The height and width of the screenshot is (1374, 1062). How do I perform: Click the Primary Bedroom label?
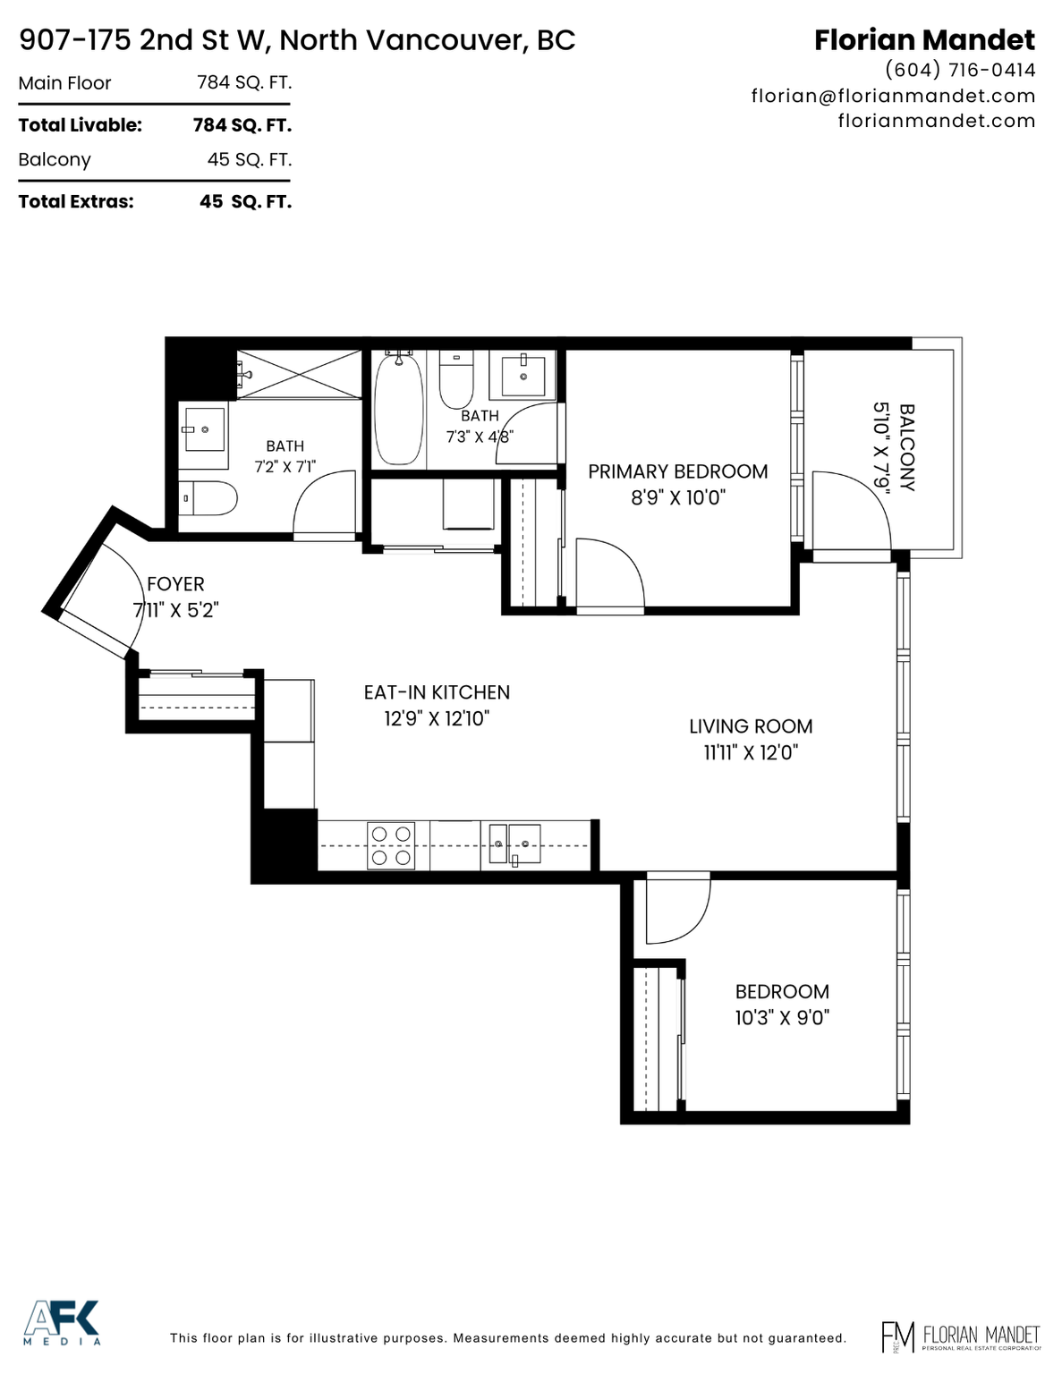[677, 471]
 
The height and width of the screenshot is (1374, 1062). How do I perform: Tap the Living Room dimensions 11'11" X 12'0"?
[751, 752]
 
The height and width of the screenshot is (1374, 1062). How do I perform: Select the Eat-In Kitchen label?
[437, 692]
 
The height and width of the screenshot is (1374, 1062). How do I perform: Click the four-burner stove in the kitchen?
[391, 845]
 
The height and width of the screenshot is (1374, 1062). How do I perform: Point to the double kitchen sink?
[514, 844]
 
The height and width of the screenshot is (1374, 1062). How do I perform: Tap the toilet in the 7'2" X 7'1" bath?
[208, 497]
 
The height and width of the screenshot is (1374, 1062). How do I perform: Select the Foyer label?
[175, 583]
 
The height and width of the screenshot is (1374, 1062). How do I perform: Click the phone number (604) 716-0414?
[960, 70]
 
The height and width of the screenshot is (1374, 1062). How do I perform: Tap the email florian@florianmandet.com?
[893, 96]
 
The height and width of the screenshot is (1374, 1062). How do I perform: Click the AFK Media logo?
[62, 1321]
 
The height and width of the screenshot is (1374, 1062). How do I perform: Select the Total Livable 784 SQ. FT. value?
[242, 125]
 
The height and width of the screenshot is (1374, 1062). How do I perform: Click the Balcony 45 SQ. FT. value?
[250, 159]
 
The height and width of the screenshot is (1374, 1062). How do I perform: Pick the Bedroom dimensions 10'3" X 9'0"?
[782, 1018]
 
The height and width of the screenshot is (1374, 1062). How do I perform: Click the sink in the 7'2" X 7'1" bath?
[204, 429]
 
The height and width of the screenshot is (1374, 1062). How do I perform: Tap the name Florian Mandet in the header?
[925, 40]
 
